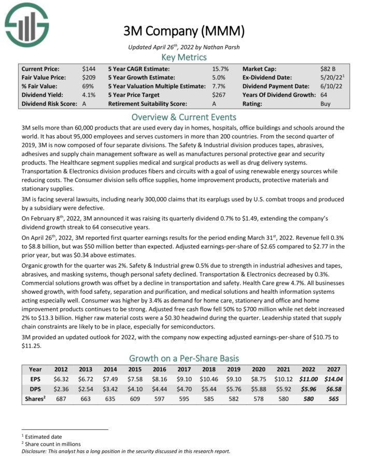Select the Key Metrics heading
(183, 57)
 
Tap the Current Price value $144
(88, 68)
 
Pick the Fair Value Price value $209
(88, 77)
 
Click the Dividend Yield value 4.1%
(88, 95)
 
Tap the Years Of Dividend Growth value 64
(324, 95)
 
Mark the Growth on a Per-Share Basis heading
(183, 358)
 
